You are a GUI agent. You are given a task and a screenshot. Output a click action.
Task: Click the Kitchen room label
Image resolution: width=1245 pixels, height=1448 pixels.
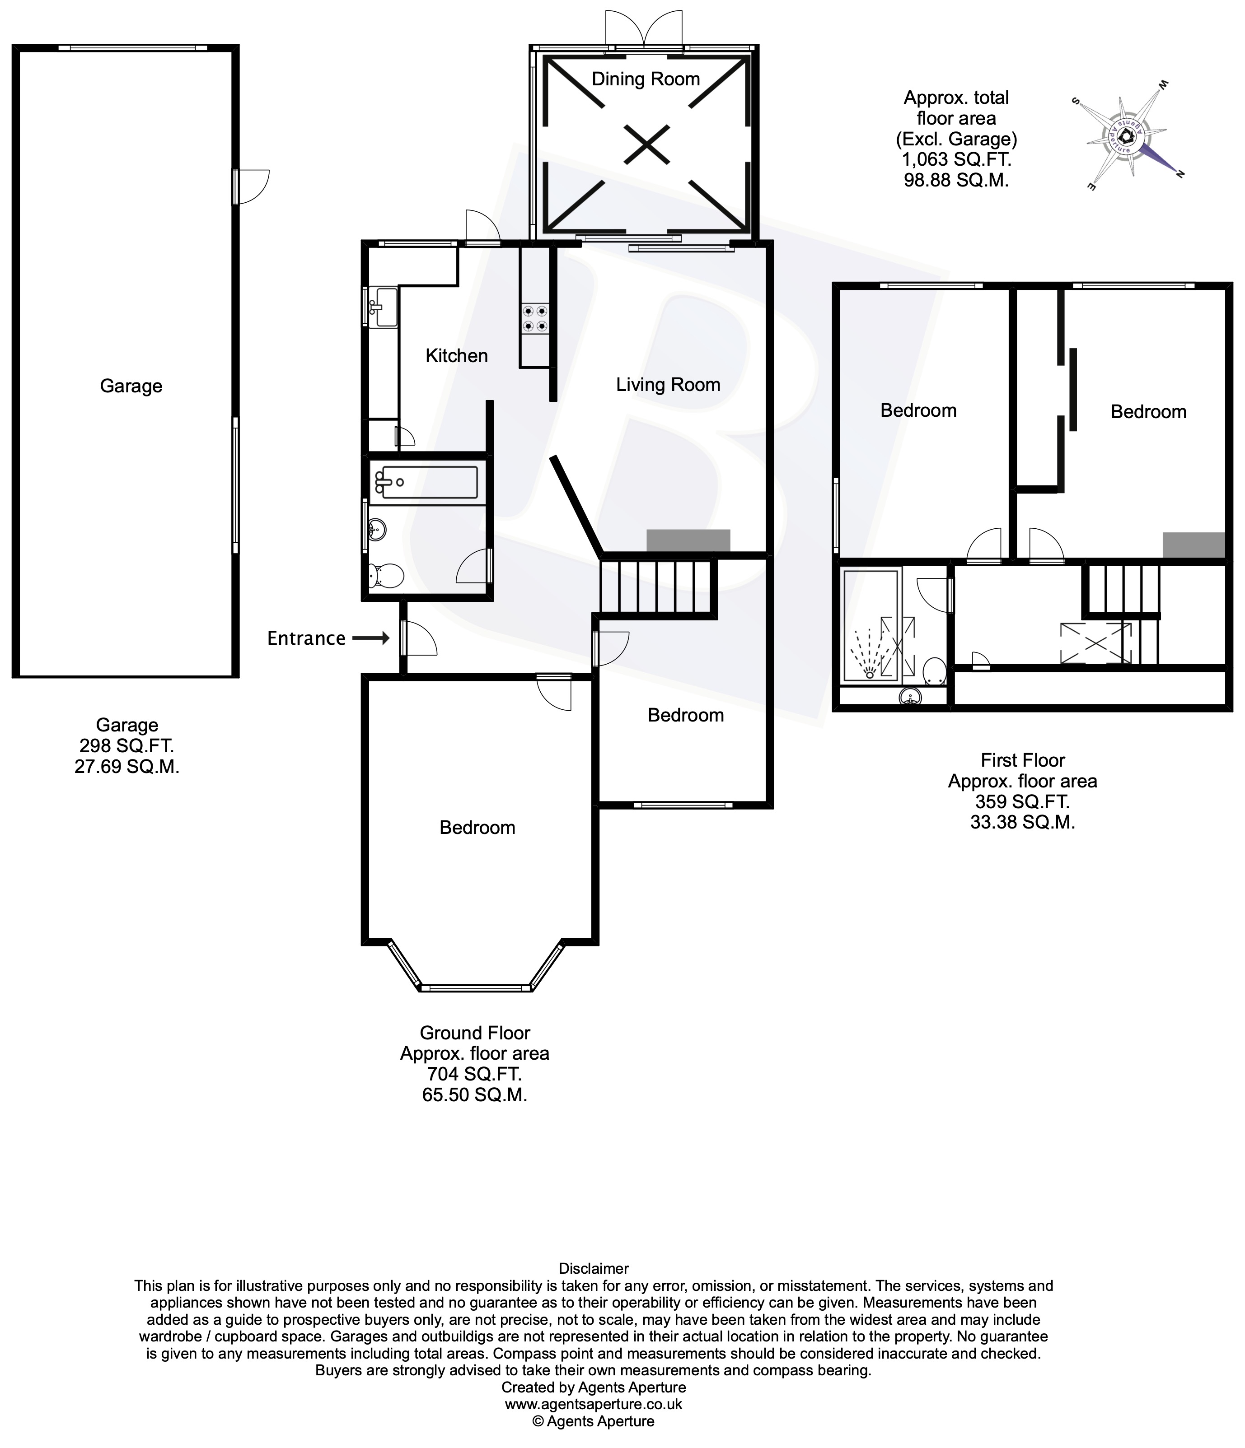[x=456, y=356]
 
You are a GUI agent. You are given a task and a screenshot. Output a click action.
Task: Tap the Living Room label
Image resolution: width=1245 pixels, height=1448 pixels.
[x=668, y=384]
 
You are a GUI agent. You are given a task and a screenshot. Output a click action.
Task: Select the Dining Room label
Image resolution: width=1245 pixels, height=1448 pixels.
[x=645, y=79]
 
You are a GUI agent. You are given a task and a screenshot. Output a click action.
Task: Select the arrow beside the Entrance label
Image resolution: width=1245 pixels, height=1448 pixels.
[x=370, y=638]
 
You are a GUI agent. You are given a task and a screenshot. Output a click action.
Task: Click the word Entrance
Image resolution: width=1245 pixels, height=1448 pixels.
[x=306, y=638]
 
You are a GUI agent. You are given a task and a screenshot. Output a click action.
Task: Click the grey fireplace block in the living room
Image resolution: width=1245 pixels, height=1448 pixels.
[x=688, y=540]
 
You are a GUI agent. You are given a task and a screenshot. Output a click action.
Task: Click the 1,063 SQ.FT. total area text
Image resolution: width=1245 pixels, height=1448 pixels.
[x=955, y=159]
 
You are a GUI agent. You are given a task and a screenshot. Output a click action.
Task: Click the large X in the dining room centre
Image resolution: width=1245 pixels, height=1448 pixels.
[x=646, y=144]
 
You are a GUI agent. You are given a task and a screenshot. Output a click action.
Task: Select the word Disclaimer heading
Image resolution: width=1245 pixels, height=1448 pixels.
[x=594, y=1268]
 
